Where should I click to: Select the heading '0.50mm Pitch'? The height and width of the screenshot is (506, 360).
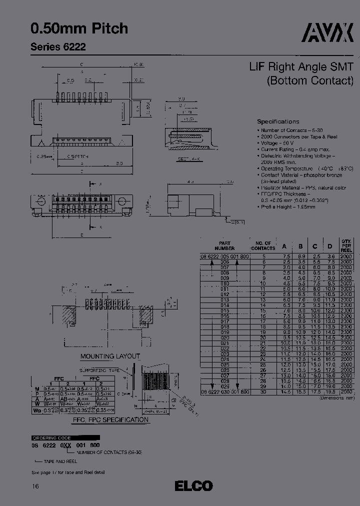point(79,29)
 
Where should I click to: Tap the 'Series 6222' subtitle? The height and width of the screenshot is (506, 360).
point(58,47)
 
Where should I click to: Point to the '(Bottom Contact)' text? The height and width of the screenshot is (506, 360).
point(310,80)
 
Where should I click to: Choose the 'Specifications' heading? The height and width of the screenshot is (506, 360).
point(278,121)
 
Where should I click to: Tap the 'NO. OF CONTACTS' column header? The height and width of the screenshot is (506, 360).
point(262,245)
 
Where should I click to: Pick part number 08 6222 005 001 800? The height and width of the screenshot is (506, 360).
point(224,256)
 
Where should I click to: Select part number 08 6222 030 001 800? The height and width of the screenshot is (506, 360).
point(224,392)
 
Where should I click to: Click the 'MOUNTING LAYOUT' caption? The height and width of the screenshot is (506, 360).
point(110,356)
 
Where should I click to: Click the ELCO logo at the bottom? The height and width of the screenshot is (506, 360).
point(193,485)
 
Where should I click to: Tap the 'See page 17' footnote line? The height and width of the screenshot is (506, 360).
point(68,472)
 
